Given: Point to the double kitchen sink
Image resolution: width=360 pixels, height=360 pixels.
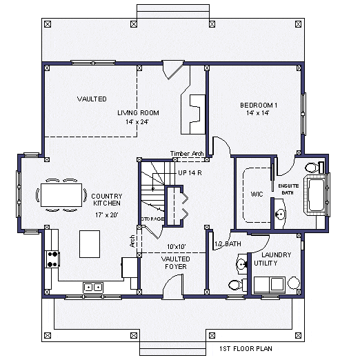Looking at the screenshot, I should (93, 286).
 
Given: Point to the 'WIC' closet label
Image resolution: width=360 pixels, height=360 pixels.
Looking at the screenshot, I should (257, 194).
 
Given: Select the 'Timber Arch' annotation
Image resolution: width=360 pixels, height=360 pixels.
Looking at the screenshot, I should (186, 153).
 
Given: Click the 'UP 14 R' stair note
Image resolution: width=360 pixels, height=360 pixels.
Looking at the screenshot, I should (190, 172).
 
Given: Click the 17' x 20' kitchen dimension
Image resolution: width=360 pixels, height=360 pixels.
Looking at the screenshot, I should (106, 214).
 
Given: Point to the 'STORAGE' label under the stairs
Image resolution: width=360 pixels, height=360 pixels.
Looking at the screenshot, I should (152, 219).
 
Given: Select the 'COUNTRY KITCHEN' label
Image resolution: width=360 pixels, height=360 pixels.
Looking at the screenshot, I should (106, 200).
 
